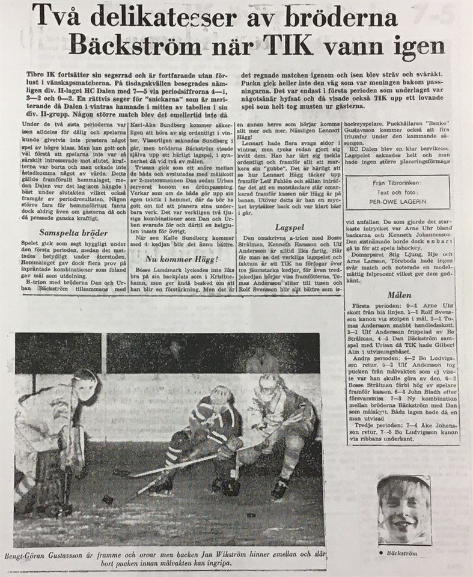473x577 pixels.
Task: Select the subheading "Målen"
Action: point(399,296)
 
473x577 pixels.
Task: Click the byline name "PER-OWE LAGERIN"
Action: point(397,203)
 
